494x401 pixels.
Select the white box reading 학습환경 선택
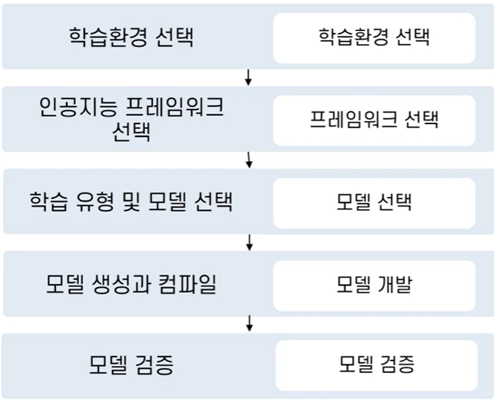[x=374, y=36]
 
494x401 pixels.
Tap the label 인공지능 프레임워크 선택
[x=131, y=119]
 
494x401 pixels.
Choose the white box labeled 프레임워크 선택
[x=374, y=120]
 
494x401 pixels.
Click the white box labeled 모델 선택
[x=374, y=202]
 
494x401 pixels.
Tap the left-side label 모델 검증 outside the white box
[x=131, y=365]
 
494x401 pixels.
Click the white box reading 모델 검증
[x=377, y=365]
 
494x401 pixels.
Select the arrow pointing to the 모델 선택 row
[x=249, y=159]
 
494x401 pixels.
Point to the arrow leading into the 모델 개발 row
[x=249, y=242]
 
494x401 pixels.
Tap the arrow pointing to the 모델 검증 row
[x=249, y=323]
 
